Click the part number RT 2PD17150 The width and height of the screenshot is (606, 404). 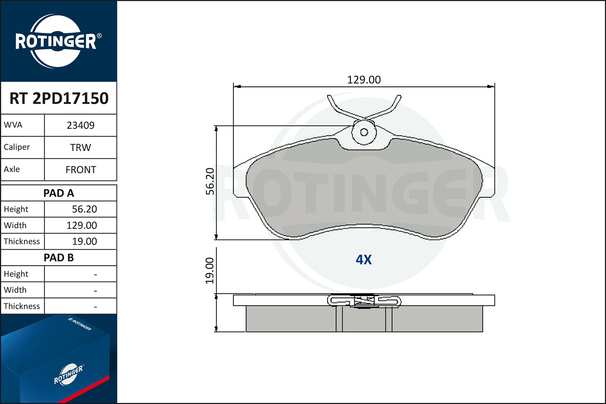coord(59,98)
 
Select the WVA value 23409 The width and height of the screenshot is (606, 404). coord(81,125)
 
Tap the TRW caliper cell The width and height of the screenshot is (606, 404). coord(81,147)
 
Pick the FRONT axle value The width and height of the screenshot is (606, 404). coord(81,170)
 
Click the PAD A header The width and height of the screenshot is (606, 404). coord(59,193)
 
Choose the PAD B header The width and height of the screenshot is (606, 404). coord(59,258)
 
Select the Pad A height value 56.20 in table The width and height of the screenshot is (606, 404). coord(84,209)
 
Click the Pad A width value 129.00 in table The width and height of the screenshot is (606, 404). coord(82,225)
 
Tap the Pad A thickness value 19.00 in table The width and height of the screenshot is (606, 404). coord(84,241)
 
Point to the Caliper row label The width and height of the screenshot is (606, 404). coord(17,147)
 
